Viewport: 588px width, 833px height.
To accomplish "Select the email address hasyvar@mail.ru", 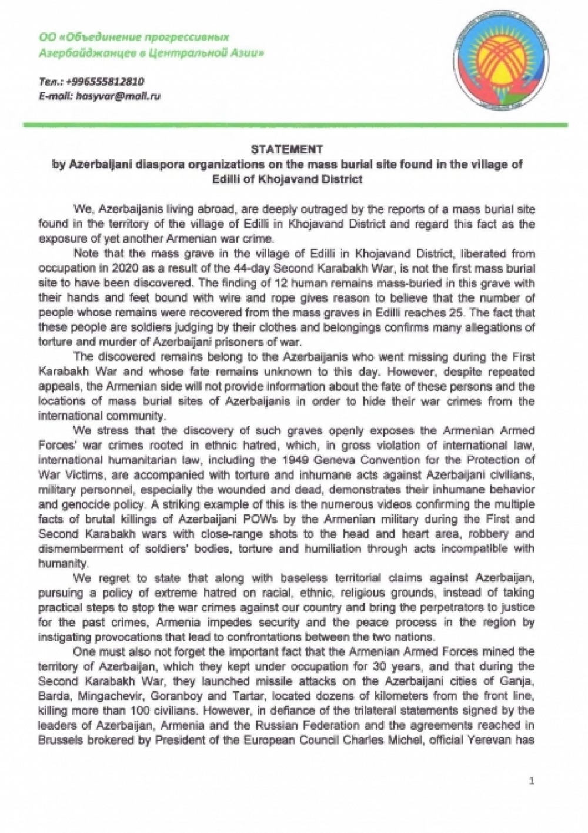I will (x=118, y=96).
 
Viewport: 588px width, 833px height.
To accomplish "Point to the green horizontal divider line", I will (x=294, y=125).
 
